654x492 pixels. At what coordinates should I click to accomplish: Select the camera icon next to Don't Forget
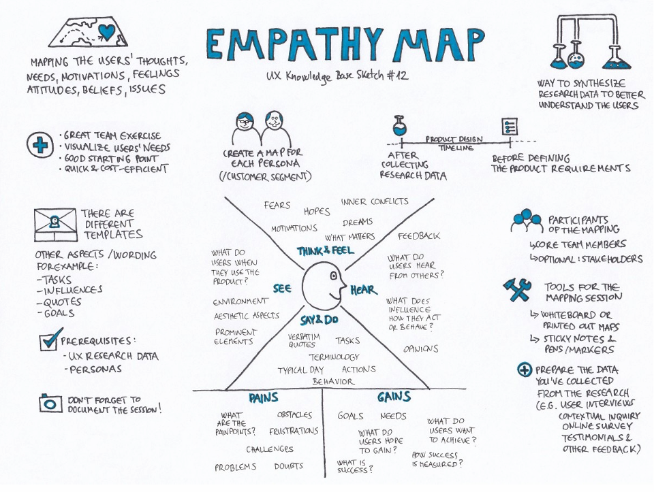click(x=49, y=403)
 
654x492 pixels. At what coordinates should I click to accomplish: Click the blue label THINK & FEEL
click(x=325, y=251)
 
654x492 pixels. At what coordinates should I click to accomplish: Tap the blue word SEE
click(x=283, y=289)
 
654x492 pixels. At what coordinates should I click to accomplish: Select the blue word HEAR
click(x=363, y=291)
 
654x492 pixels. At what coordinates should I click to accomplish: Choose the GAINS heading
click(x=393, y=397)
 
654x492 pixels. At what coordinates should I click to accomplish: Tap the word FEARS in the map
click(x=277, y=206)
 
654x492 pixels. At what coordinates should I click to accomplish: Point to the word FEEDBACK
click(x=419, y=236)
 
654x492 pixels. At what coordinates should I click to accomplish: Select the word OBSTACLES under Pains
click(x=294, y=414)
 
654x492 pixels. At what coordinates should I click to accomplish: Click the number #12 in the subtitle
click(x=396, y=76)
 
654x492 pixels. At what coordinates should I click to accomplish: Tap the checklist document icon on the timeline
click(x=509, y=127)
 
